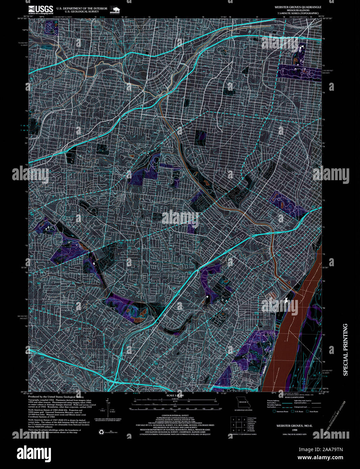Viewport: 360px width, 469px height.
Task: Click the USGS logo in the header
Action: tap(41, 9)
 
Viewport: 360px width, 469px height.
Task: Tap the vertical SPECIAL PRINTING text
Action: tap(345, 350)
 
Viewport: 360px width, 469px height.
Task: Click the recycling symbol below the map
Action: tap(101, 432)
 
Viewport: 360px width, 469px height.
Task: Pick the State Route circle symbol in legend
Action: tap(308, 411)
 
